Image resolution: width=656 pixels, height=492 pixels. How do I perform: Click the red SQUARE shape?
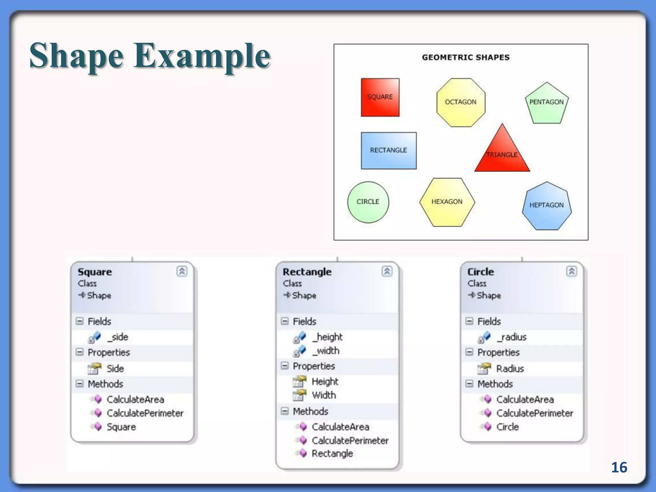pos(380,97)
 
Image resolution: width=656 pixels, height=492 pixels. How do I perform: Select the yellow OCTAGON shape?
pos(461,102)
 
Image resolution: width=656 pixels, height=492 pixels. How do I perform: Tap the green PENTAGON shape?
pos(546,103)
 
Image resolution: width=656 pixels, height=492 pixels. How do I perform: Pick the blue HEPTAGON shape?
pos(546,206)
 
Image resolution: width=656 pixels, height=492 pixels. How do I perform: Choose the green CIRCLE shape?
pos(368,202)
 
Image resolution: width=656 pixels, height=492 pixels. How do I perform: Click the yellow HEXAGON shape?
pos(447,202)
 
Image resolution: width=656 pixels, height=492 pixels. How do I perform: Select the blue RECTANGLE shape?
pos(389,151)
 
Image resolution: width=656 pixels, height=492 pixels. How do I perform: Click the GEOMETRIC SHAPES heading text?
pos(465,58)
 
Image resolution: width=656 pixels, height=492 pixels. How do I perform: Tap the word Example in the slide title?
pos(202,56)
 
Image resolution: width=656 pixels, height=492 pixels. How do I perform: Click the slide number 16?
pos(619,467)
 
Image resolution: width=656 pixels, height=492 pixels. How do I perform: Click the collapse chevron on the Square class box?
pos(182,271)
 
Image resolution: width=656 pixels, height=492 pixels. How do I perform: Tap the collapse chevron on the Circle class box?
pos(571,271)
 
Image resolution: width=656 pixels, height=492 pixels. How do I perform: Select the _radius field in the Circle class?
pos(511,337)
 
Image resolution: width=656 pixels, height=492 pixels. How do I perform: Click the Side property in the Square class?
pos(115,369)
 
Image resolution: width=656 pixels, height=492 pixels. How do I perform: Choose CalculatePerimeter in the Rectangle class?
pos(350,441)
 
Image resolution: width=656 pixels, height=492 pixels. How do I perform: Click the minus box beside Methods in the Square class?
pos(79,384)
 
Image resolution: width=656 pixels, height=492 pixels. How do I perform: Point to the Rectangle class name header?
pos(307,272)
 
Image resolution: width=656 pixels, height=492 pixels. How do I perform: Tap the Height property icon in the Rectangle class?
pos(299,381)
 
